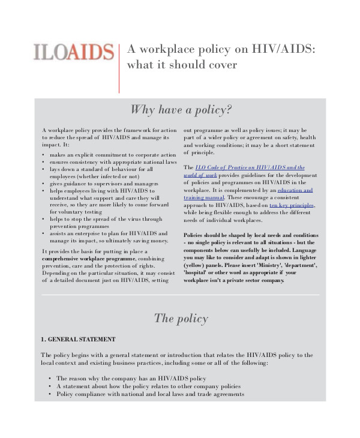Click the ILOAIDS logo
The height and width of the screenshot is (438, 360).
(74, 52)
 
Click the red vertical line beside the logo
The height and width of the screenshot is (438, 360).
(119, 67)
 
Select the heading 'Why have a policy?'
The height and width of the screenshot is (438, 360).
(181, 110)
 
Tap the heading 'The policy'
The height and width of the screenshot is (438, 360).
(181, 318)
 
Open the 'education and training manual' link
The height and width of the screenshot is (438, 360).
(295, 190)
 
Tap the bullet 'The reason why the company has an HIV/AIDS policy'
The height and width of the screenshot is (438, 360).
(131, 379)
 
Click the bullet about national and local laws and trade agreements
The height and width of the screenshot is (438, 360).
(150, 394)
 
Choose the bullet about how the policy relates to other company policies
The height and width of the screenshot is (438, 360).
(148, 386)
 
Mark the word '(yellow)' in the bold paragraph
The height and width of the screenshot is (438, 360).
(196, 265)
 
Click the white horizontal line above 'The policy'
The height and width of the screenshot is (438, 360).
(181, 295)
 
